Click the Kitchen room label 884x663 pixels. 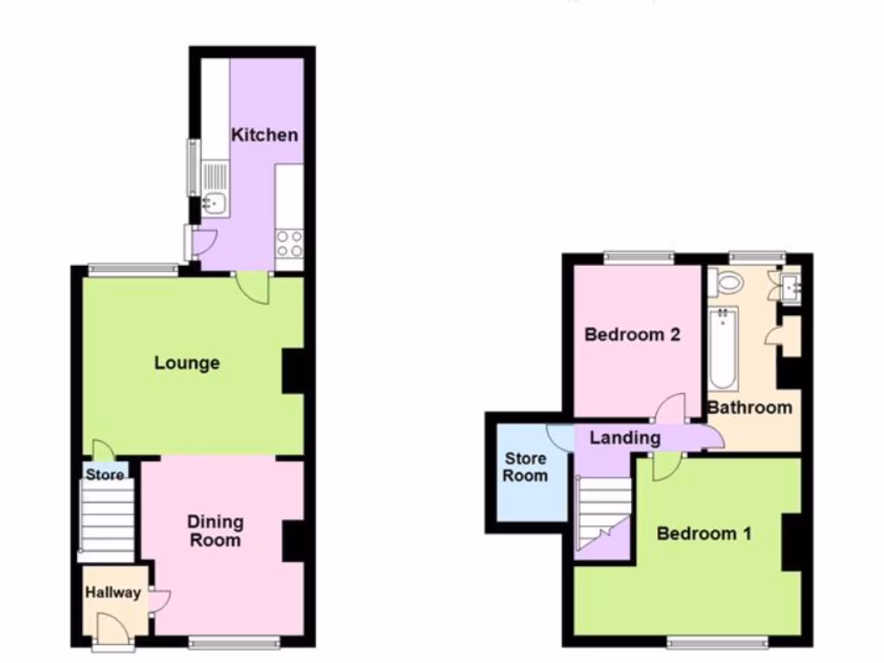coord(265,135)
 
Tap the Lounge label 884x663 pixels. coord(187,363)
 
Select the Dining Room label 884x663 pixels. coord(216,531)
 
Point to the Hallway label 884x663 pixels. coord(113,593)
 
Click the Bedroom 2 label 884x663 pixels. coord(633,335)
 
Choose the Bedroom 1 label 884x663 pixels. coord(704,534)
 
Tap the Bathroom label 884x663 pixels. coord(749,407)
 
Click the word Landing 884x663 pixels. coord(625,438)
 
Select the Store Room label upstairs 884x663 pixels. coord(526,467)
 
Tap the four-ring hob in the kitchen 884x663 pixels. coord(289,243)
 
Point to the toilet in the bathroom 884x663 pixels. coord(728,281)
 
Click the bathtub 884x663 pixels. coord(723,350)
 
